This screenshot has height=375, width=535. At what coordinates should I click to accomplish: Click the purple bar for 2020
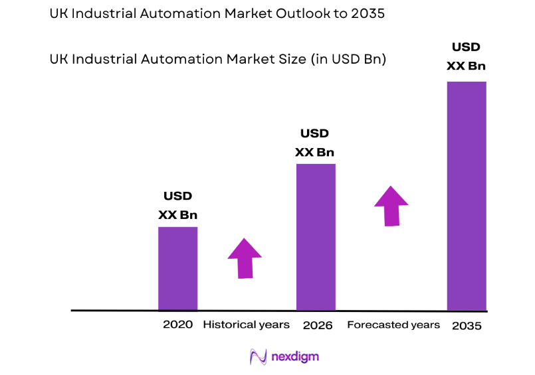click(x=177, y=268)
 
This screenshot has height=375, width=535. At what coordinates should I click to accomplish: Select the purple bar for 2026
click(x=316, y=237)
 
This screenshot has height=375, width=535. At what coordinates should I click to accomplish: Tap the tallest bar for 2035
click(x=466, y=196)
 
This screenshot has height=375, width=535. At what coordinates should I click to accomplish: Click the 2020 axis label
click(x=177, y=325)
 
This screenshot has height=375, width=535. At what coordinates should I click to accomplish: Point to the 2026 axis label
click(x=317, y=325)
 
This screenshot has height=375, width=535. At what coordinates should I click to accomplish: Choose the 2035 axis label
click(x=466, y=326)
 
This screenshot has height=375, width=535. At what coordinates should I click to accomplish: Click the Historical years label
click(x=246, y=325)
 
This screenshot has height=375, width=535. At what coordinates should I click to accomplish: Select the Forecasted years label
click(x=393, y=325)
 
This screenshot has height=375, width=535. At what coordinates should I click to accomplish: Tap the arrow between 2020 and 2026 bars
click(x=245, y=258)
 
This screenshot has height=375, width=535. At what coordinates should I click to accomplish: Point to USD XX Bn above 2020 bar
click(x=177, y=206)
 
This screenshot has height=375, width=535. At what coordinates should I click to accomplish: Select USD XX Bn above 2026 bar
click(x=315, y=143)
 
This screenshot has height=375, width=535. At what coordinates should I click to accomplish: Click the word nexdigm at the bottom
click(x=295, y=357)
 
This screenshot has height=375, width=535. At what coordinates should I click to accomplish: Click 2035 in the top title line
click(x=367, y=14)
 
